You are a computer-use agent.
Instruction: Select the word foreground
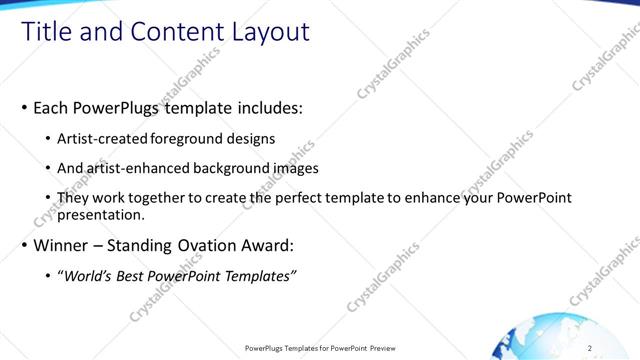pos(188,139)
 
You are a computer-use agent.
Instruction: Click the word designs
pos(250,139)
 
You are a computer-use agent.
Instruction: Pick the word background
pos(220,168)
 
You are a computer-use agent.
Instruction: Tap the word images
pos(290,168)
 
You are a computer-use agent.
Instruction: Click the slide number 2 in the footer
pos(590,348)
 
